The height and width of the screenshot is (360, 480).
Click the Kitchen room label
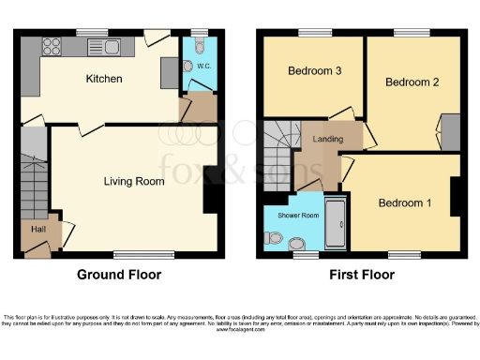[x=103, y=79]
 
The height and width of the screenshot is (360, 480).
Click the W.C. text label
[x=203, y=67]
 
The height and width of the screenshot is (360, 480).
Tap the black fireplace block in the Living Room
[x=212, y=188]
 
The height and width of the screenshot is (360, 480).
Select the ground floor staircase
[x=33, y=178]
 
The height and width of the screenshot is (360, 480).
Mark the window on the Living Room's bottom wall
[x=129, y=254]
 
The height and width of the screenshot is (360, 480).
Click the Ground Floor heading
[x=119, y=276]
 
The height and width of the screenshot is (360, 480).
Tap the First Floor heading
[x=362, y=276]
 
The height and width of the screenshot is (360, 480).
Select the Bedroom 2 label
[x=412, y=82]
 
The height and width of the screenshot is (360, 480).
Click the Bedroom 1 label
[x=405, y=203]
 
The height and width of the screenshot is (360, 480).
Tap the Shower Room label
[x=297, y=215]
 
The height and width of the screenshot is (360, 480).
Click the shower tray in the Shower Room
[x=336, y=224]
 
